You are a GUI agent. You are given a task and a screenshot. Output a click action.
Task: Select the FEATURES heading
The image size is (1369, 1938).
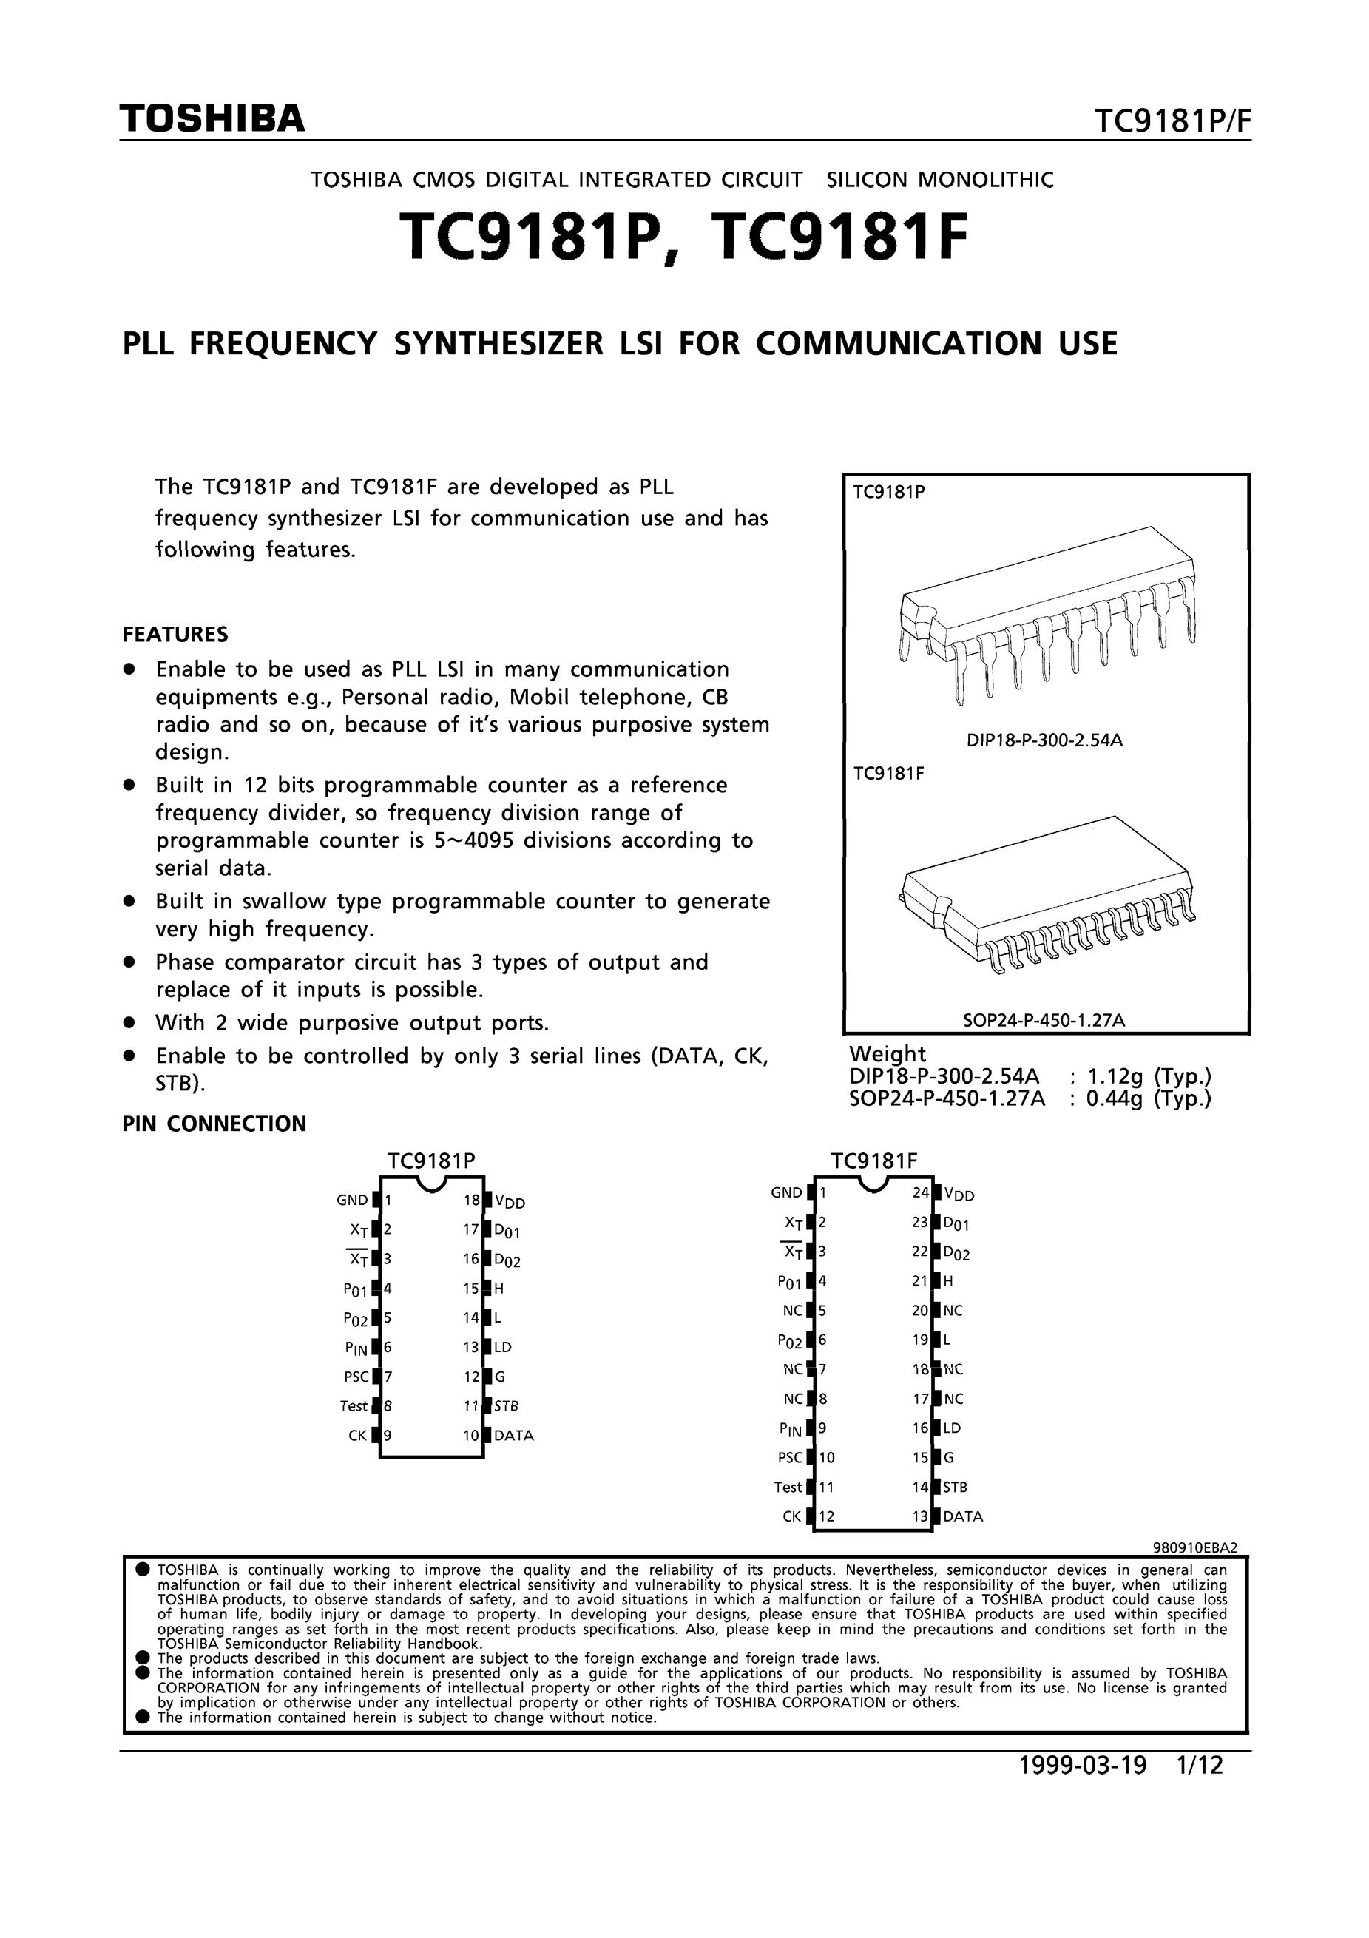click(175, 634)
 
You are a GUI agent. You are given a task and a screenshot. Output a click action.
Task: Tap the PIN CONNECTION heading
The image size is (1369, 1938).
click(214, 1124)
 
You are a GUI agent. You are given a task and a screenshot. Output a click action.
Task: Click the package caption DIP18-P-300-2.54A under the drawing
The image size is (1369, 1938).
click(1044, 741)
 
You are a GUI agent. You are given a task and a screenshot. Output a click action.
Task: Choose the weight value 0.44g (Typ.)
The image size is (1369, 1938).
click(1149, 1098)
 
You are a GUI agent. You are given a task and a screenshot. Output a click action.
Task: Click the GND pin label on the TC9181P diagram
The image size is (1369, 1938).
click(352, 1201)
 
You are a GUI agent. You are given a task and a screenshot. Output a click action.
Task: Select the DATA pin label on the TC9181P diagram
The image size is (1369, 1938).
click(514, 1435)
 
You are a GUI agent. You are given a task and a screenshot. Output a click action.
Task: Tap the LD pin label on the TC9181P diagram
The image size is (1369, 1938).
click(503, 1347)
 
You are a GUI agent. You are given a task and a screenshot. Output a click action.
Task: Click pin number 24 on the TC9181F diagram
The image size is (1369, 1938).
click(921, 1192)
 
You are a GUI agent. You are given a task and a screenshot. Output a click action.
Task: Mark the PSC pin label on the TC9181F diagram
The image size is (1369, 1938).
click(790, 1457)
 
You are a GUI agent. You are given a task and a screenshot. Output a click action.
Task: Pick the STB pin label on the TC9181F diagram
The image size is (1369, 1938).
click(956, 1487)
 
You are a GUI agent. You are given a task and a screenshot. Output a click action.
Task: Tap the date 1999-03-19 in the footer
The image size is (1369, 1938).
click(1083, 1765)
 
